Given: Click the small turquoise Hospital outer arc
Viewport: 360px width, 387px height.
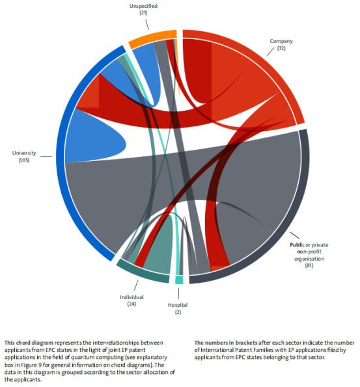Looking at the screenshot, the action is coord(179,280).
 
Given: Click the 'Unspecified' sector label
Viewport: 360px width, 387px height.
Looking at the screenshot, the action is coord(143,6).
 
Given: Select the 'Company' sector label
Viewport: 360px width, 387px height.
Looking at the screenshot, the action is coord(281,41).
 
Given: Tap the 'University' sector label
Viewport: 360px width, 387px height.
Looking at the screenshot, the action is coord(24,153).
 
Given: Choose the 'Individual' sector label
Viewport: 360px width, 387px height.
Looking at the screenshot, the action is coord(132,297).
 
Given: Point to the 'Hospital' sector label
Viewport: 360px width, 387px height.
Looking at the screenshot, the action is coord(178,305).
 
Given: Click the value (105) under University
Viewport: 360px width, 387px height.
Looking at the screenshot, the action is coord(24,160).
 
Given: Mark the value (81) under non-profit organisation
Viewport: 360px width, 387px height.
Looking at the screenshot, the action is coord(309,266).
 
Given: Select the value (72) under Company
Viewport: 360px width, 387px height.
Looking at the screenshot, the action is coord(281,48).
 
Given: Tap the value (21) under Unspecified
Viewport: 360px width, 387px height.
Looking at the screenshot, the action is coord(143,13).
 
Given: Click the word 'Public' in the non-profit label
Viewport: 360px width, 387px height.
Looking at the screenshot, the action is coord(298,245).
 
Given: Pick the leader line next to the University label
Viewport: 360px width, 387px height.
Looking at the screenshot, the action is coord(46,156).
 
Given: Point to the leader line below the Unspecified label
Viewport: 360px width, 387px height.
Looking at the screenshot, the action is coord(147,25).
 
